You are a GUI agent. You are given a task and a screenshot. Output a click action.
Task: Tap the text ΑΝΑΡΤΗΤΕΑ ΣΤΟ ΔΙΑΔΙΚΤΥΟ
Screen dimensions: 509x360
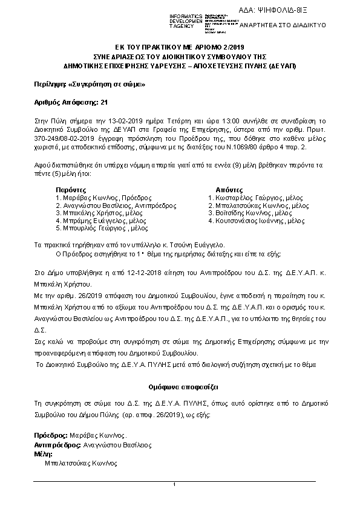(x=283, y=25)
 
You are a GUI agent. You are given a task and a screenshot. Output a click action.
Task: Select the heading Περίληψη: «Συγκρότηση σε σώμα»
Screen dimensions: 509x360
(x=90, y=84)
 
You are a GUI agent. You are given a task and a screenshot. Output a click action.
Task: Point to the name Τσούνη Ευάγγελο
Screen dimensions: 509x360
(x=190, y=245)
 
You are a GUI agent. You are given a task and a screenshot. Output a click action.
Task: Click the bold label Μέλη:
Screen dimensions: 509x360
(x=44, y=453)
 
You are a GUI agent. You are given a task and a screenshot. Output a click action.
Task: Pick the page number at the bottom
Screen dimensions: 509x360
(x=174, y=485)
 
